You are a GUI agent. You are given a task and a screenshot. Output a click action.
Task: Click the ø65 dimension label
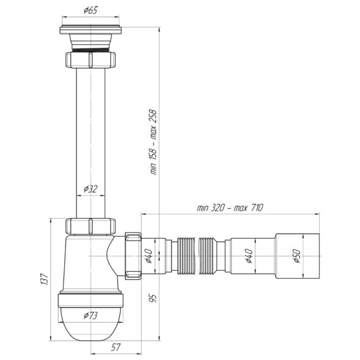(x=91, y=10)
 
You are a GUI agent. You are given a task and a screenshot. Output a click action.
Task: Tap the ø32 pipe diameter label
(x=91, y=189)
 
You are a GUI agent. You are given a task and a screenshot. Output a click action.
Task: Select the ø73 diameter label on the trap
(x=91, y=316)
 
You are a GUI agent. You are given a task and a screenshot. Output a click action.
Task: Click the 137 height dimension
(x=44, y=279)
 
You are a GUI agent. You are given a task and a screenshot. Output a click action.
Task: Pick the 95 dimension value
(x=153, y=298)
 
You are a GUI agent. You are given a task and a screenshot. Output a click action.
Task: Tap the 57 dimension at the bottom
(x=116, y=347)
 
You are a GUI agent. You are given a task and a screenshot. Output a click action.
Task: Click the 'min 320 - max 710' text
(x=230, y=208)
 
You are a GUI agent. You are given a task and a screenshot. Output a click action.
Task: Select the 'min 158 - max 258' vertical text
(x=153, y=142)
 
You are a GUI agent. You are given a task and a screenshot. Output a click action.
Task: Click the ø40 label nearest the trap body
(x=148, y=256)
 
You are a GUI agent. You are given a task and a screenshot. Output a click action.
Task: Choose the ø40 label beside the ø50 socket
(x=249, y=256)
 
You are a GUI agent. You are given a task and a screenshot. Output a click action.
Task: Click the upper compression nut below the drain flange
(x=91, y=60)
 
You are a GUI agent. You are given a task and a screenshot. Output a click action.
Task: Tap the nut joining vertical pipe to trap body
(x=91, y=226)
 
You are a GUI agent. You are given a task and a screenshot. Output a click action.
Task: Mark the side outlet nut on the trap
(x=133, y=256)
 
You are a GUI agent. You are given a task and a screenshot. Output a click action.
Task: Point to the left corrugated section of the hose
(x=186, y=256)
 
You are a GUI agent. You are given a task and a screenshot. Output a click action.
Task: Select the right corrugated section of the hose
(x=207, y=256)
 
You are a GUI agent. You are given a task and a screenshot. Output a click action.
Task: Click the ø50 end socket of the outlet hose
(x=298, y=256)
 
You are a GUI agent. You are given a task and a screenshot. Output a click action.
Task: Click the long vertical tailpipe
(x=91, y=143)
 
